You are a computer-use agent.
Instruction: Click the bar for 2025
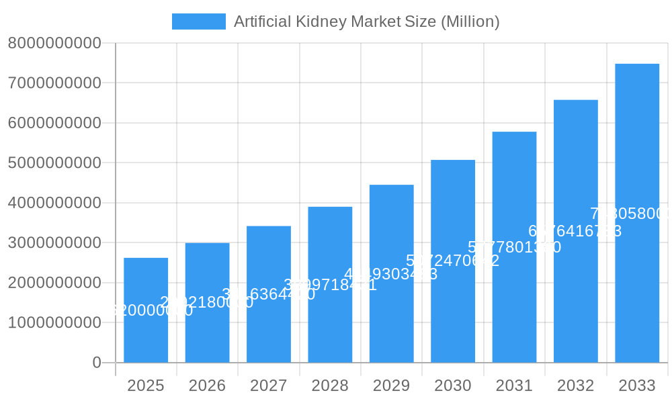(x=146, y=310)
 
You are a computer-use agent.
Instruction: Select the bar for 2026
(x=207, y=303)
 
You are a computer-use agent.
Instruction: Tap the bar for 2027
(x=269, y=294)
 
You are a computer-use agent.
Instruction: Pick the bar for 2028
(x=330, y=285)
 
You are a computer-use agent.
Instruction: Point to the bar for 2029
(x=391, y=273)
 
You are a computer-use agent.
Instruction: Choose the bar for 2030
(x=453, y=261)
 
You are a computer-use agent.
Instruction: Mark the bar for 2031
(x=514, y=247)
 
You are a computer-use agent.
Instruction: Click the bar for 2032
(x=576, y=231)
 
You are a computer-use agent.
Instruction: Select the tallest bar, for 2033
(x=637, y=214)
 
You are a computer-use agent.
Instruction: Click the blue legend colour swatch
(x=198, y=21)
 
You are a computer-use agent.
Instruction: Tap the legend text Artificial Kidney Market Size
(x=366, y=21)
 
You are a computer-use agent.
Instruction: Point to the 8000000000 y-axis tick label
(x=54, y=43)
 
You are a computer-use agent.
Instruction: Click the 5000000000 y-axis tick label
(x=54, y=163)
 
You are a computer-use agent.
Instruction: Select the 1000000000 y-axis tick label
(x=54, y=322)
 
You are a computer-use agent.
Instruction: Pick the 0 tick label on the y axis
(x=96, y=363)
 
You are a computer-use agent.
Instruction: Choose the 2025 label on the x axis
(x=146, y=386)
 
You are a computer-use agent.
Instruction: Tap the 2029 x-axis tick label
(x=391, y=386)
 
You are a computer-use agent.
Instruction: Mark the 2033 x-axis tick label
(x=637, y=386)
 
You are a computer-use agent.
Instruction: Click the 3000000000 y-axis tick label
(x=54, y=242)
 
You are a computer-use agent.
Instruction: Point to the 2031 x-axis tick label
(x=514, y=386)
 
